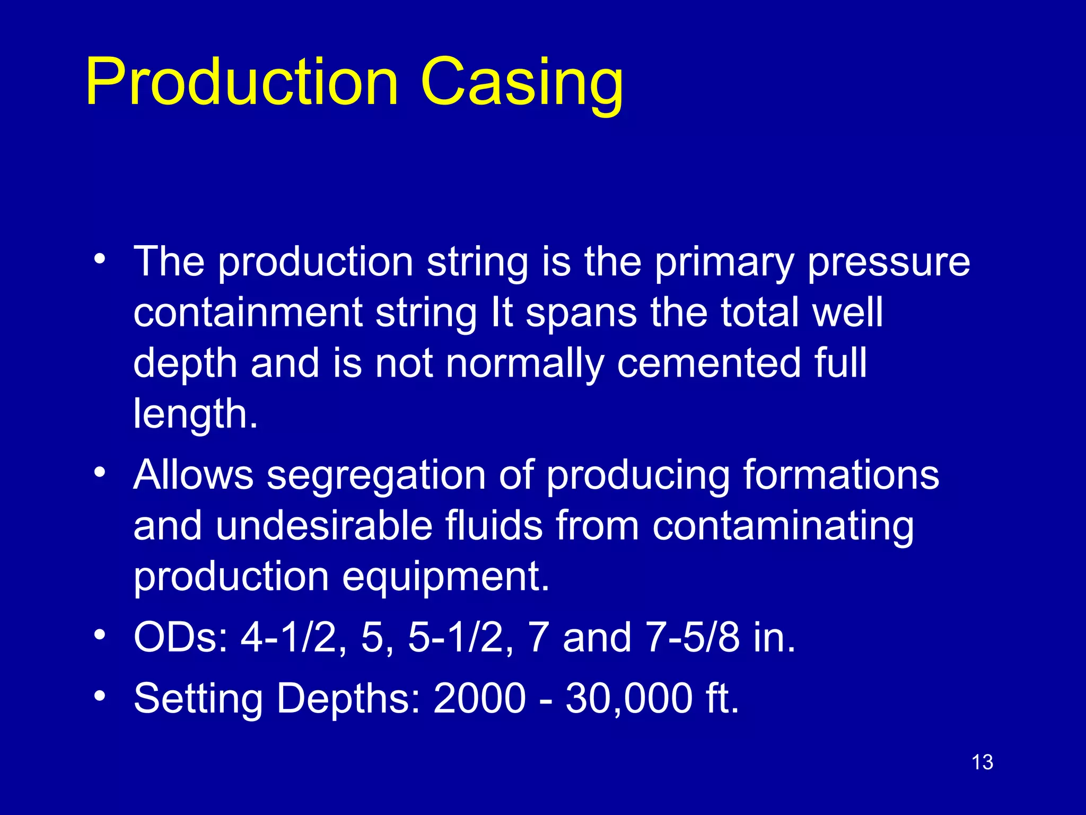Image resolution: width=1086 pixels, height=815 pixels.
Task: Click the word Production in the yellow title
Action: pyautogui.click(x=242, y=82)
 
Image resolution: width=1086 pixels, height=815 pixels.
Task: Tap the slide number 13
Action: pyautogui.click(x=982, y=762)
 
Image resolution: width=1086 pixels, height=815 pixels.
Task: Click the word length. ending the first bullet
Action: pyautogui.click(x=195, y=414)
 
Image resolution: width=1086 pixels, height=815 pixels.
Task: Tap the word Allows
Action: pyautogui.click(x=194, y=474)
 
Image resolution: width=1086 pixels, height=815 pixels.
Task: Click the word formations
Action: pyautogui.click(x=840, y=474)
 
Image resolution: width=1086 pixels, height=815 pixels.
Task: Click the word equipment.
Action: pyautogui.click(x=445, y=577)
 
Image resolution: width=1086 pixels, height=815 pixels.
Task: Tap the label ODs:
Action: pyautogui.click(x=181, y=637)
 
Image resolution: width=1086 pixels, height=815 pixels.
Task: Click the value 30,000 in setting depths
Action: pyautogui.click(x=629, y=698)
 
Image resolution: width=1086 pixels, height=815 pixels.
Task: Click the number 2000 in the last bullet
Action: pyautogui.click(x=479, y=698)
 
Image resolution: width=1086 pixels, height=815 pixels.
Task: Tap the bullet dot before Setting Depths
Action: pyautogui.click(x=100, y=695)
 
